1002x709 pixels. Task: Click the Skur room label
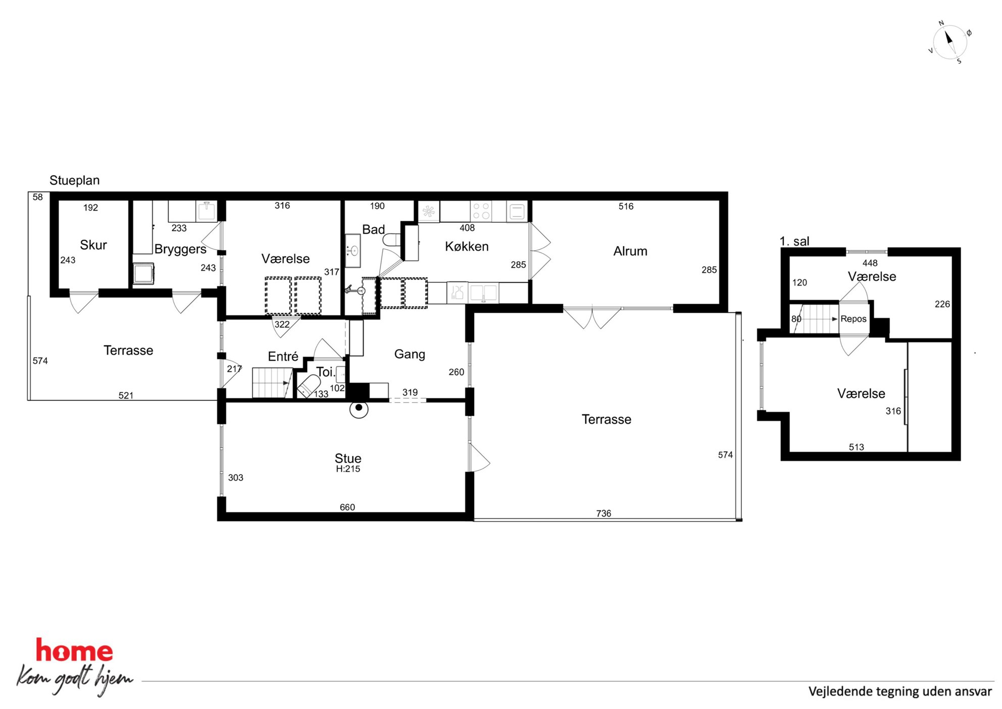93,245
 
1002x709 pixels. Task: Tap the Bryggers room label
180,250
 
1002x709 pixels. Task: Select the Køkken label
467,247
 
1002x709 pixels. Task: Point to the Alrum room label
630,251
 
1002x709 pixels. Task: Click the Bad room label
373,229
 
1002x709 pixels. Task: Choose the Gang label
410,354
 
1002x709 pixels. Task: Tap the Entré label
283,356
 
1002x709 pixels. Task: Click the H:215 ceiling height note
348,469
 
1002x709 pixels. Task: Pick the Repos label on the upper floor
854,319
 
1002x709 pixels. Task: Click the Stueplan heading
74,180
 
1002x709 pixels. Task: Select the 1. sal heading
794,241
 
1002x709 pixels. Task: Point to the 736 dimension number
604,513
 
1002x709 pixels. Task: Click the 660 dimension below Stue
347,507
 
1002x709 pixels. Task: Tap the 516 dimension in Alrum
626,206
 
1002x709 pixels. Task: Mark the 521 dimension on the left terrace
126,396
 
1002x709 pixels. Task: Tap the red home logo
74,650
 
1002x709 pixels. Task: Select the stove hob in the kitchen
481,211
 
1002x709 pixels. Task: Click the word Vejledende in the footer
840,691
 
